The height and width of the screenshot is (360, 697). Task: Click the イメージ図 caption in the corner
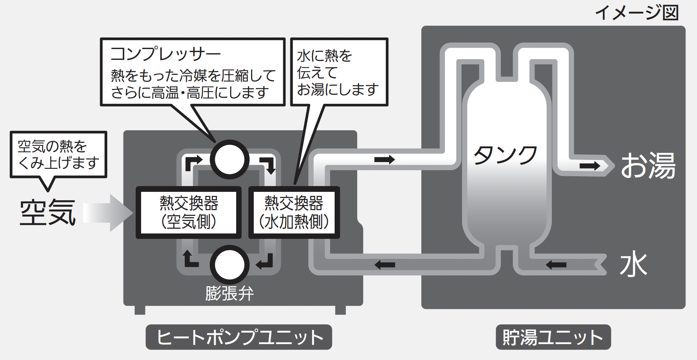click(x=636, y=13)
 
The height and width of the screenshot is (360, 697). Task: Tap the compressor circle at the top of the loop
click(x=229, y=159)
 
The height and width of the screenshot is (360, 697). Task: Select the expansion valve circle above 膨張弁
click(x=229, y=265)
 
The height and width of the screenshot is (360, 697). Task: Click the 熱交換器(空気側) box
click(x=188, y=212)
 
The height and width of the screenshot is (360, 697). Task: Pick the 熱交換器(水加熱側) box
click(x=294, y=212)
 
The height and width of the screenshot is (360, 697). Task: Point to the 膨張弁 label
click(x=229, y=293)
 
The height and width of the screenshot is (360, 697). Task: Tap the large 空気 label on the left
click(x=47, y=212)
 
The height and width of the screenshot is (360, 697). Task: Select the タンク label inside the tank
click(x=505, y=155)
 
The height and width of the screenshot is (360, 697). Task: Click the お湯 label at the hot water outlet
click(x=648, y=165)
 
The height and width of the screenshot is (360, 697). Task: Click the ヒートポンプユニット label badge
click(x=239, y=337)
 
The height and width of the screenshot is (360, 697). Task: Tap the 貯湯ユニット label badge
click(x=553, y=337)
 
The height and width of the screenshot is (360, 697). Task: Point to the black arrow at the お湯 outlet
click(x=589, y=166)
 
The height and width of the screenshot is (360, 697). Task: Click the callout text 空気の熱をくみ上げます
click(x=58, y=155)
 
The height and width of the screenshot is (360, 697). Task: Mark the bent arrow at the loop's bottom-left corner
click(x=190, y=259)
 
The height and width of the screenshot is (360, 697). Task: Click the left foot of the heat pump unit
click(x=140, y=310)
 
